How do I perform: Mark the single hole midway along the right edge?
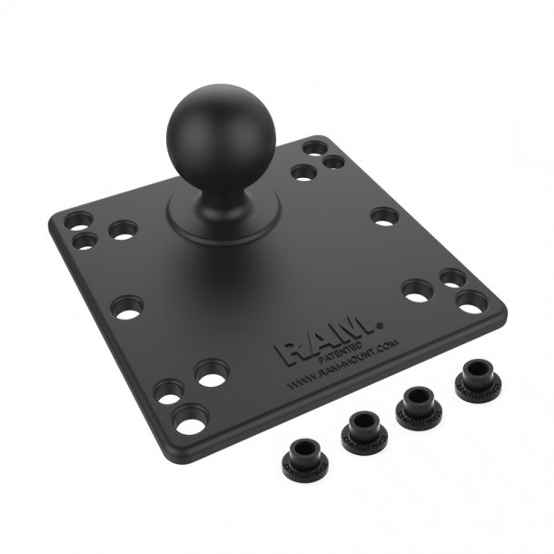(x=384, y=215)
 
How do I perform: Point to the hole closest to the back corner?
(x=319, y=146)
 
